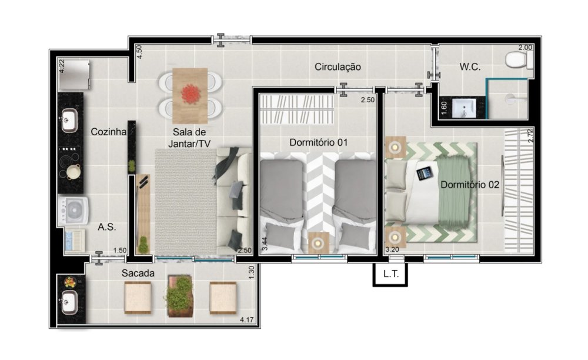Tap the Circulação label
[x=338, y=66]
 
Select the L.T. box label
[x=391, y=274]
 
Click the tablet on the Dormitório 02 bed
[x=425, y=174]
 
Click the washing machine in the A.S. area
[x=73, y=211]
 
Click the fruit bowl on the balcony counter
[x=69, y=282]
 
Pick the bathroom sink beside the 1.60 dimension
[x=465, y=108]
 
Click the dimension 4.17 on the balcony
[x=247, y=320]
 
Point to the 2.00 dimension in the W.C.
[x=525, y=48]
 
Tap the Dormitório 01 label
[x=318, y=142]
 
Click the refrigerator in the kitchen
[x=74, y=75]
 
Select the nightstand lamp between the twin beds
[x=318, y=243]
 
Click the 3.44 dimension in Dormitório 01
[x=265, y=244]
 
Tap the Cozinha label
[x=108, y=132]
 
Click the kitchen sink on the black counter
[x=69, y=120]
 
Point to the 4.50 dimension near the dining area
[x=139, y=52]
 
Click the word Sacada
[x=138, y=274]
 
